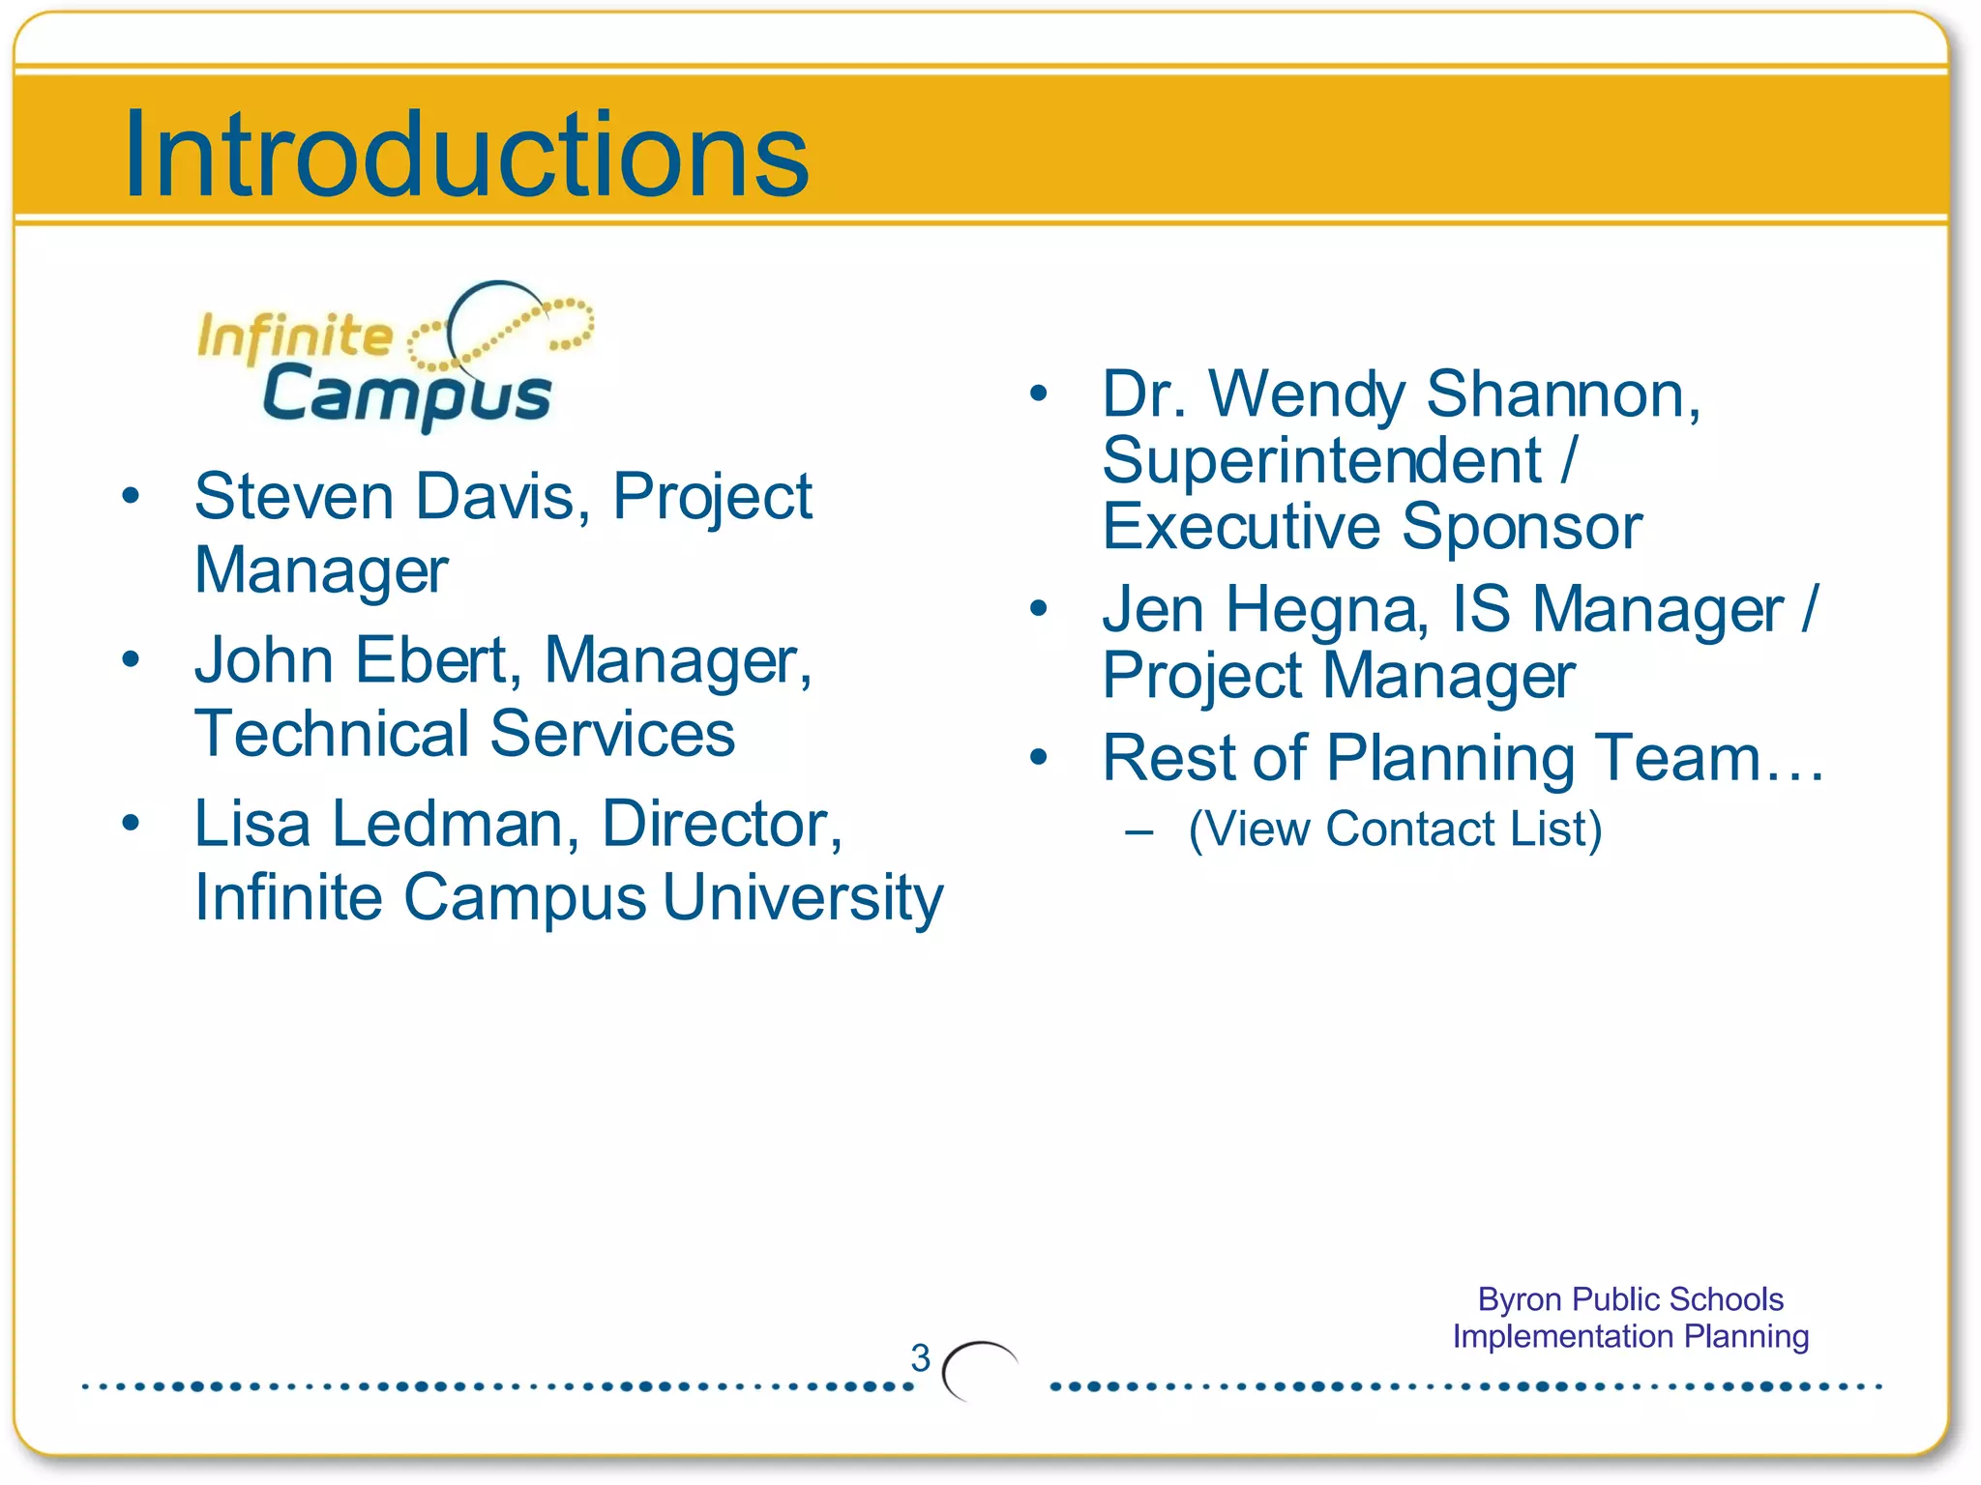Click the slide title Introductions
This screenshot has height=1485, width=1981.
[466, 155]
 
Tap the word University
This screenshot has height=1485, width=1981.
[803, 898]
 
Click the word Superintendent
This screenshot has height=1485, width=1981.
[1321, 460]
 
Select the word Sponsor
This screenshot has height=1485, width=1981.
[1522, 527]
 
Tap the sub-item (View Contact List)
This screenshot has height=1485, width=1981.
[1394, 830]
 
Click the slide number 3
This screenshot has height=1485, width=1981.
[920, 1358]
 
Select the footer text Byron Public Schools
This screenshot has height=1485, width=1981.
[1630, 1299]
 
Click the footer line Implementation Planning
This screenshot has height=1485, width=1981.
[1630, 1336]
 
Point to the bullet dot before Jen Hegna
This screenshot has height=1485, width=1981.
[1039, 608]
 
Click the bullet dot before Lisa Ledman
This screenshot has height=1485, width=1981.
[131, 824]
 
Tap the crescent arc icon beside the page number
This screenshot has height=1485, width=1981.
[978, 1370]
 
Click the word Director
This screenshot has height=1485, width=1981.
[722, 825]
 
